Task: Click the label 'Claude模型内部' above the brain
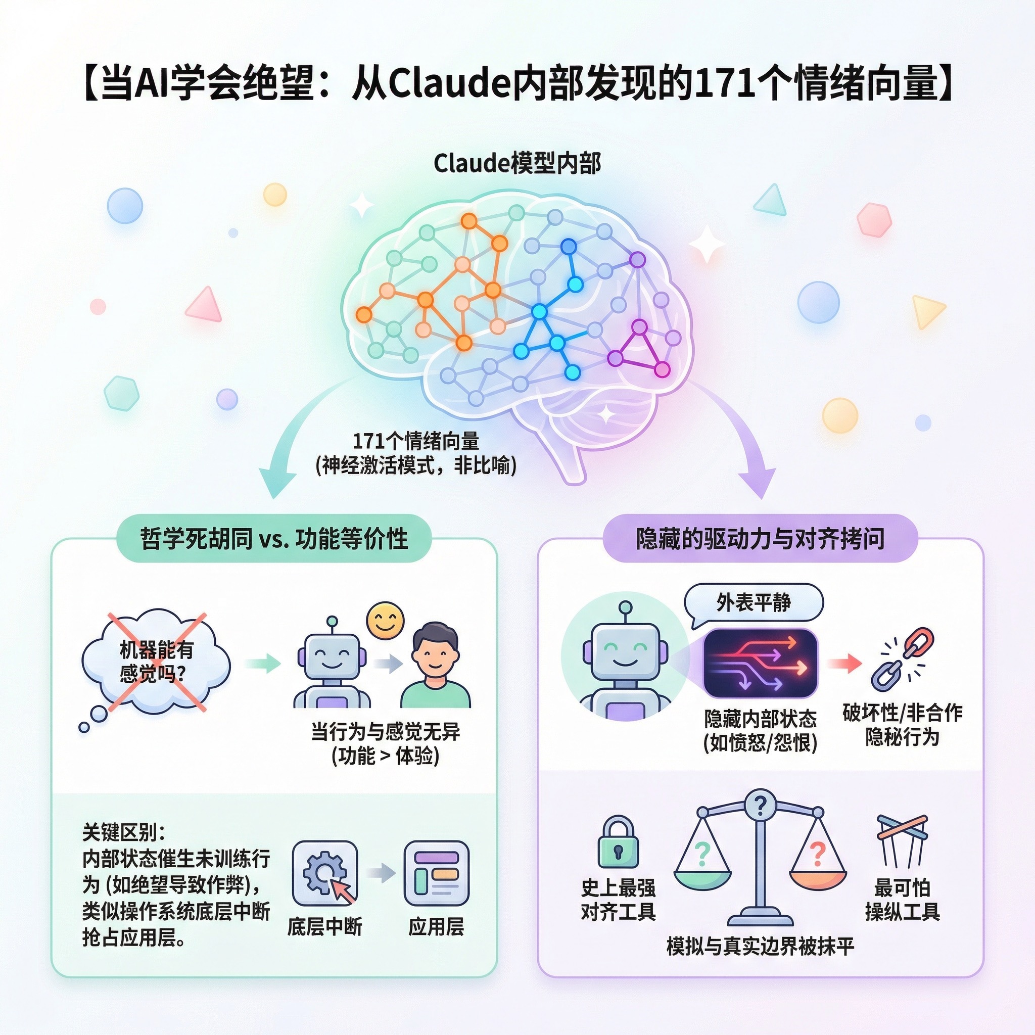[517, 163]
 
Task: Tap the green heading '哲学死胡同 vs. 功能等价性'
[274, 538]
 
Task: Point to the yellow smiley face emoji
[385, 621]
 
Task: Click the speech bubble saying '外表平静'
[753, 603]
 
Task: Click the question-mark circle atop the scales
[759, 804]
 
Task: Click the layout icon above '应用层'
[436, 873]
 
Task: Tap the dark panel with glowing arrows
[760, 663]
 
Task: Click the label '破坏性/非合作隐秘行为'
[902, 725]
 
